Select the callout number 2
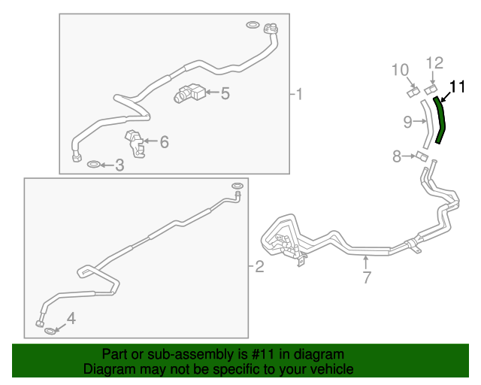pos(259,266)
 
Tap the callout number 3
pos(119,165)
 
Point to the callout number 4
pos(71,319)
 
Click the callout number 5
pos(225,94)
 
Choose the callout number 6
pos(164,141)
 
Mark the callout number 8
pos(396,156)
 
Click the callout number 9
pos(407,120)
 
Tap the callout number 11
pos(458,85)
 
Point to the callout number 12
pos(436,62)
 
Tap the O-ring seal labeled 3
pos(93,165)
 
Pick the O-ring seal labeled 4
pos(50,331)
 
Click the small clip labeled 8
pos(422,157)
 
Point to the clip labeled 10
pos(413,92)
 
